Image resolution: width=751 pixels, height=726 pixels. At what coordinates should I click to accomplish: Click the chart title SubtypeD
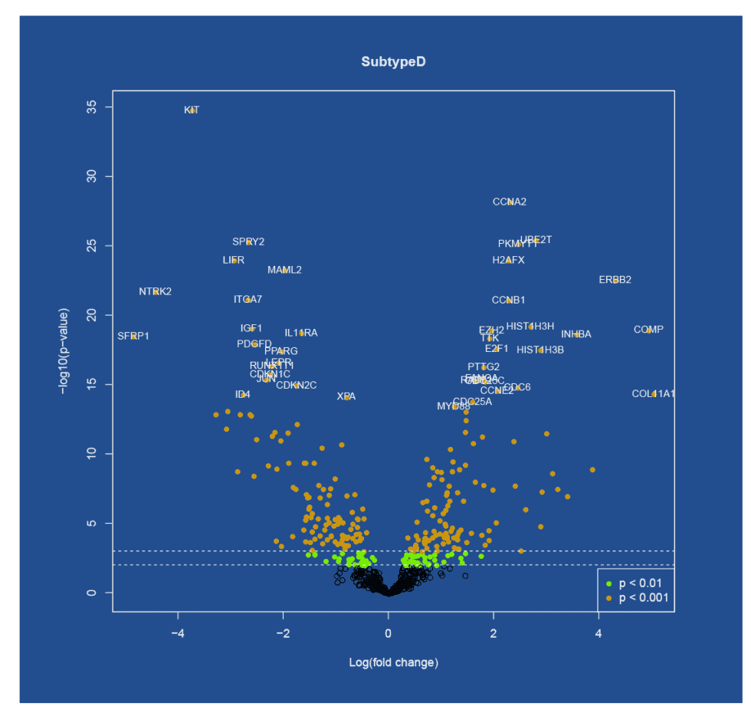[x=393, y=61]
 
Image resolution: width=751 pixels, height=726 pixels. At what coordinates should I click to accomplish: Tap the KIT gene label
[x=192, y=110]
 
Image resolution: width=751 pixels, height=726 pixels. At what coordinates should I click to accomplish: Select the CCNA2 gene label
[x=510, y=202]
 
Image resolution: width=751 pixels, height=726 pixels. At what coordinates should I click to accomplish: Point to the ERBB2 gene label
[x=615, y=280]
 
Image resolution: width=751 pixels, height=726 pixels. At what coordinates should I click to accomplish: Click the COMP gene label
[x=648, y=330]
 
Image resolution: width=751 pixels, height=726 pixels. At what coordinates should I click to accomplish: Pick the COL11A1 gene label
[x=654, y=393]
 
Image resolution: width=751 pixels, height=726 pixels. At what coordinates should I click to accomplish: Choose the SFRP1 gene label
[x=133, y=336]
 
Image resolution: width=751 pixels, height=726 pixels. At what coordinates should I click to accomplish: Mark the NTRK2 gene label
[x=155, y=291]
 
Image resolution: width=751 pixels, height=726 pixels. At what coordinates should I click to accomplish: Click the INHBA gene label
[x=576, y=334]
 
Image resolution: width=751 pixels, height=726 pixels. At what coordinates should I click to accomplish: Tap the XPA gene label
[x=346, y=396]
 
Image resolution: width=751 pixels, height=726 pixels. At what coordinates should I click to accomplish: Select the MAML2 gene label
[x=284, y=270]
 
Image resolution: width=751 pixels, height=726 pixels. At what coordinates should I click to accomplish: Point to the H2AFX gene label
[x=509, y=260]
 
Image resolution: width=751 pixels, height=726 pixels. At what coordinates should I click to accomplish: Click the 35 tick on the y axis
[x=91, y=107]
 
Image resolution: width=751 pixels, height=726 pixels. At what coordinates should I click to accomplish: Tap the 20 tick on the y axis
[x=91, y=315]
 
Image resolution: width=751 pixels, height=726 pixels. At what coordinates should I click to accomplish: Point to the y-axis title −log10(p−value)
[x=64, y=351]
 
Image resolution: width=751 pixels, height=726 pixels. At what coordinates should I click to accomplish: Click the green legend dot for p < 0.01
[x=608, y=584]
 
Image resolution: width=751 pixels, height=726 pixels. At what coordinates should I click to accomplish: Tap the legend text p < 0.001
[x=644, y=597]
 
